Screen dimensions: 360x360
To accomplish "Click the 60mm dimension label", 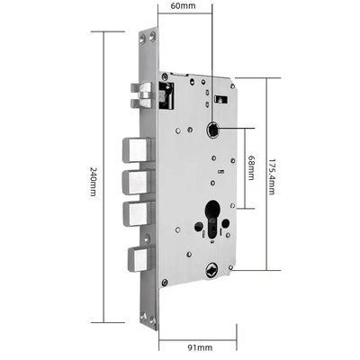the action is (x=183, y=5).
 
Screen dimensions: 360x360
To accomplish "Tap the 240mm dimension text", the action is (x=94, y=181).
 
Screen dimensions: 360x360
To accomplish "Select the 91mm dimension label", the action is (x=200, y=347).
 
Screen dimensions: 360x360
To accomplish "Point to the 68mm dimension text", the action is (x=251, y=168).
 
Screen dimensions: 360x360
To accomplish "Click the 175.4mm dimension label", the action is (x=271, y=177).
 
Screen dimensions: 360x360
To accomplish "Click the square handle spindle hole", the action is (x=212, y=130).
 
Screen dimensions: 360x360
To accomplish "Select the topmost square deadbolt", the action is (x=137, y=149).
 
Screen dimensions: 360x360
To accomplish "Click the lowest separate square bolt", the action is (x=139, y=259).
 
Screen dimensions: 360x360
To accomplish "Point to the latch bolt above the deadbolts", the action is (x=141, y=95).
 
